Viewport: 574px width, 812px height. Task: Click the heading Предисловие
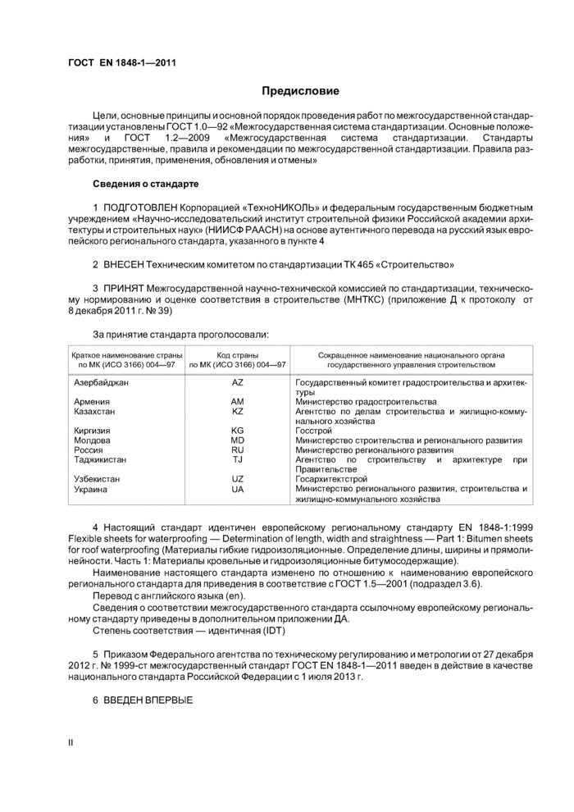point(300,90)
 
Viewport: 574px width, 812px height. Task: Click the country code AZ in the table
point(238,383)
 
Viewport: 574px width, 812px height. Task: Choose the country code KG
point(238,431)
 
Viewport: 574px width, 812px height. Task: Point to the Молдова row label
point(92,440)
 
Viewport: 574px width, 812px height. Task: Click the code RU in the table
point(238,450)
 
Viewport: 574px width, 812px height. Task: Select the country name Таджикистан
point(100,460)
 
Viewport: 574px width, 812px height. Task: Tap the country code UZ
point(238,479)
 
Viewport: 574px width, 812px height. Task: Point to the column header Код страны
point(238,354)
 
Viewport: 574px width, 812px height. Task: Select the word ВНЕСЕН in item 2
point(125,266)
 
